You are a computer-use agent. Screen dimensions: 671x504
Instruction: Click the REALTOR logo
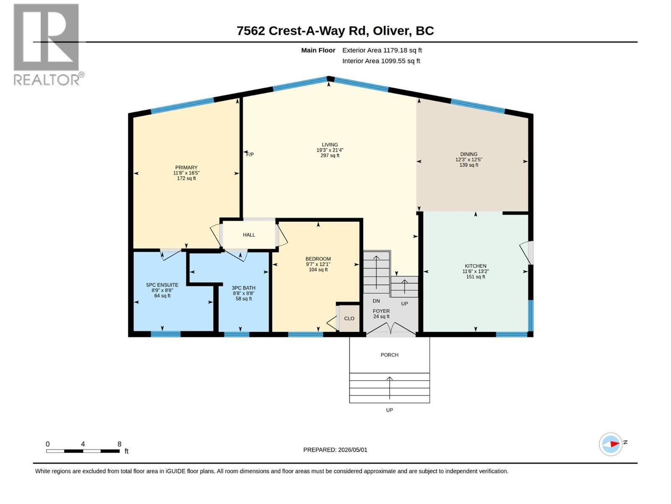pos(48,45)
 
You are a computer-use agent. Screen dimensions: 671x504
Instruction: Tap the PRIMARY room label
pos(186,168)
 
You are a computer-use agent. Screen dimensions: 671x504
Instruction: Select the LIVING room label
pos(330,145)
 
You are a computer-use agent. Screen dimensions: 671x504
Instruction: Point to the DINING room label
pos(468,154)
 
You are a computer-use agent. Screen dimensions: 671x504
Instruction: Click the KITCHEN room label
pos(475,266)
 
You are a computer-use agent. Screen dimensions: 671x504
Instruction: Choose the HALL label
pos(249,235)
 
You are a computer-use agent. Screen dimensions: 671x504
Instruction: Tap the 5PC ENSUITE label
pos(162,285)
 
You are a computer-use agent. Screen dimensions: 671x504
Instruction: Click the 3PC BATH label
pos(243,288)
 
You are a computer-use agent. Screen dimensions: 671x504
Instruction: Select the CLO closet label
pos(349,318)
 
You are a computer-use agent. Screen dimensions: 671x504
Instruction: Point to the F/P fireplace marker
pos(250,155)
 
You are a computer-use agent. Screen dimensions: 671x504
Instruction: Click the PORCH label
pos(389,355)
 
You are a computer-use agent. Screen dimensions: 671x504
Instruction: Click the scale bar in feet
pos(83,451)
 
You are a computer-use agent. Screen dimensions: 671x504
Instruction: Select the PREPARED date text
pos(335,450)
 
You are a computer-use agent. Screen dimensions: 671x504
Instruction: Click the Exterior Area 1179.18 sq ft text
pos(382,50)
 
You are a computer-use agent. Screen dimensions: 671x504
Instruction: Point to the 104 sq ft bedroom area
pos(318,270)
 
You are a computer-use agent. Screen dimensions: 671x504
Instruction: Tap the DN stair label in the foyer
pos(376,301)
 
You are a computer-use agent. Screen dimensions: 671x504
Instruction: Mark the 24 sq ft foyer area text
pos(381,316)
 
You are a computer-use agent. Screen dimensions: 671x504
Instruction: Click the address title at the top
pos(335,31)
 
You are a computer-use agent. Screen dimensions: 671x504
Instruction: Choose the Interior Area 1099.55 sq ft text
pos(381,61)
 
